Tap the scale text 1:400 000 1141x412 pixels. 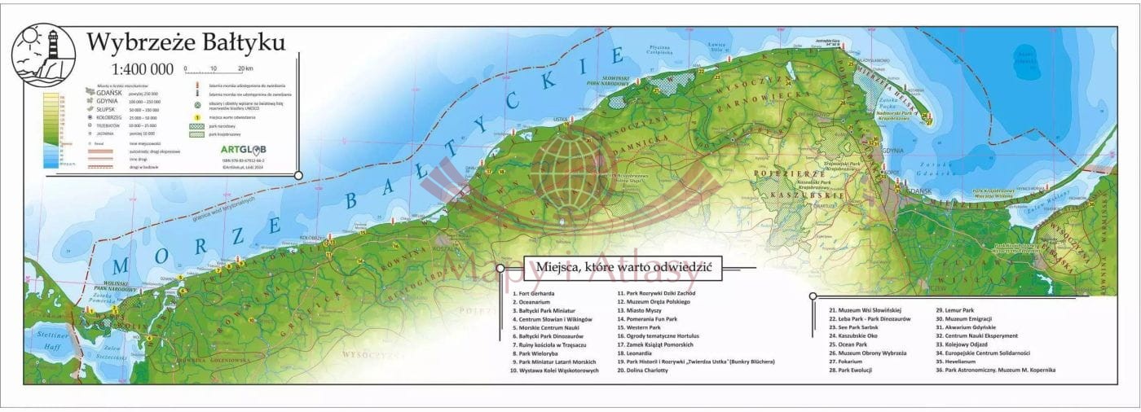pyautogui.click(x=143, y=69)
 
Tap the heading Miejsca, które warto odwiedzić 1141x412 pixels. pyautogui.click(x=624, y=267)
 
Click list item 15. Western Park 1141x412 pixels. pyautogui.click(x=641, y=327)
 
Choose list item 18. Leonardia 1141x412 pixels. pyautogui.click(x=636, y=353)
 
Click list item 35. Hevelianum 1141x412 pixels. pyautogui.click(x=961, y=362)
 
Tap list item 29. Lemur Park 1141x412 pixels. pyautogui.click(x=955, y=310)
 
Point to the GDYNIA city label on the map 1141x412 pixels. pyautogui.click(x=893, y=151)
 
